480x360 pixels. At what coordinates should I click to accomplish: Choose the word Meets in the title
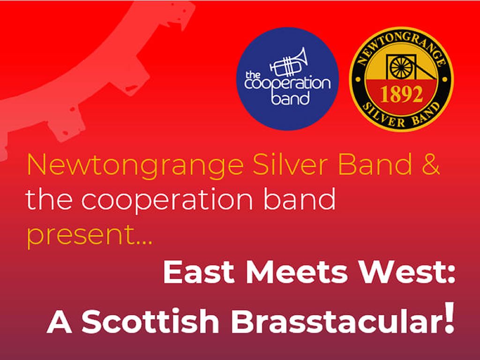click(x=289, y=273)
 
